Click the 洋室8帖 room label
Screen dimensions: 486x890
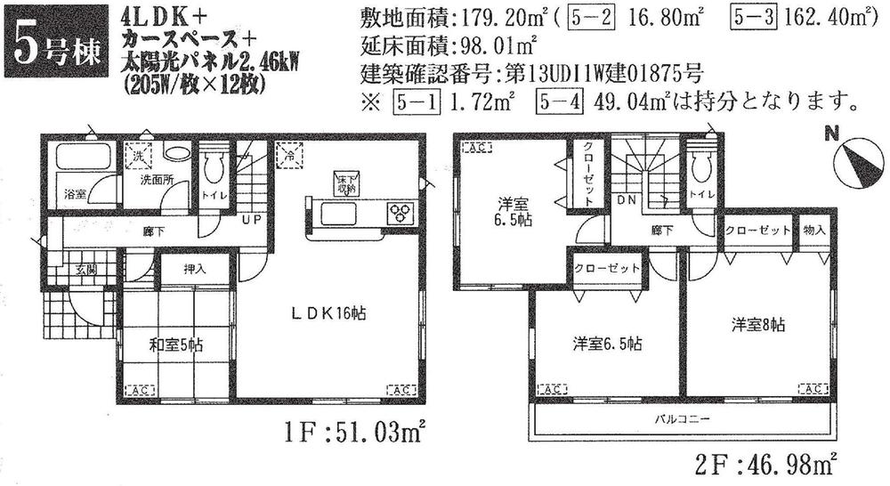click(x=758, y=326)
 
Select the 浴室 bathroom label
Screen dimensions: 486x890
click(x=74, y=193)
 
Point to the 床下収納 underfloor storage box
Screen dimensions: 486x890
click(x=344, y=182)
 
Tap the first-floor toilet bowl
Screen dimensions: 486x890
click(x=213, y=166)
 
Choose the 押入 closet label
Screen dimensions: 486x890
click(x=195, y=267)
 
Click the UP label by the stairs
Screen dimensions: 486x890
click(x=252, y=219)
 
